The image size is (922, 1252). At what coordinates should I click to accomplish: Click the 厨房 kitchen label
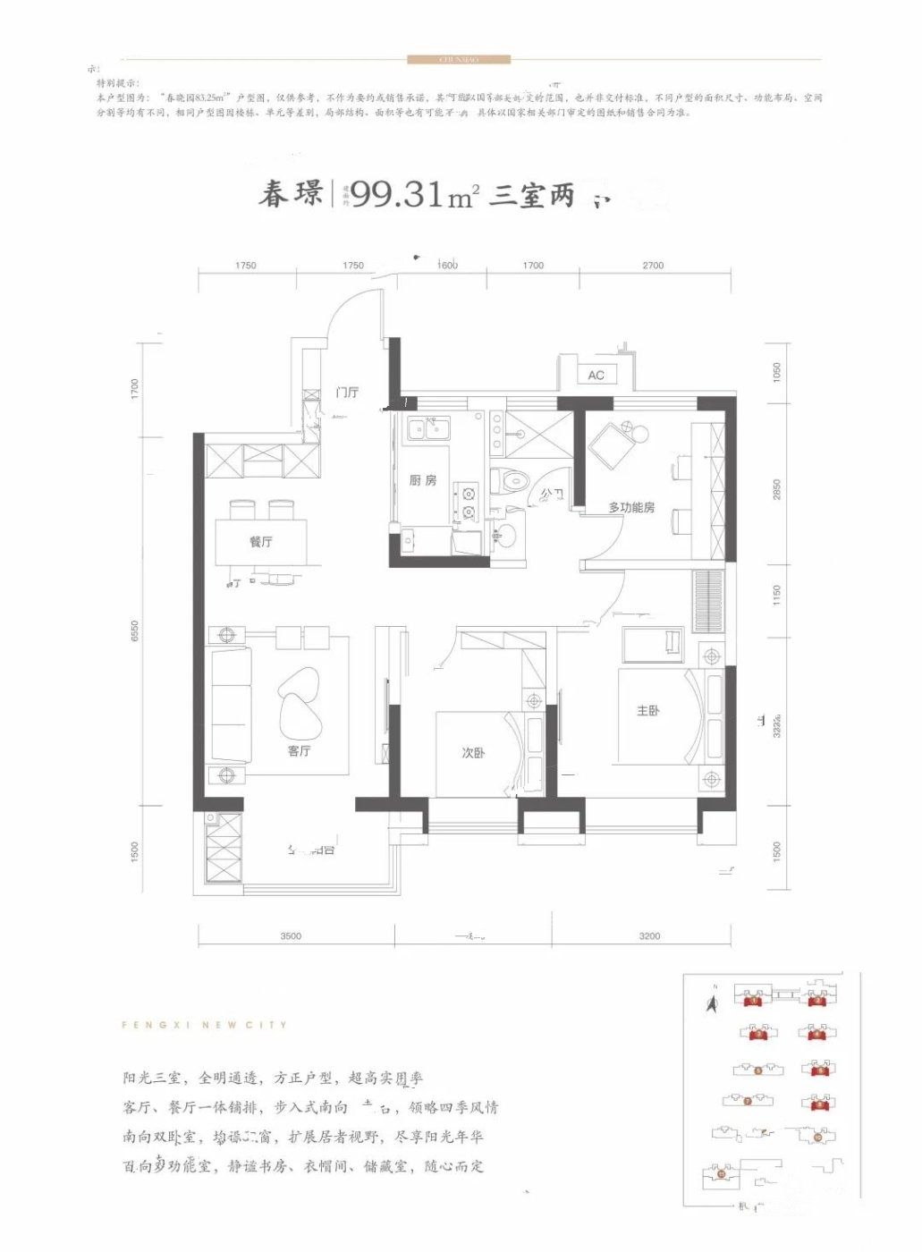(x=423, y=480)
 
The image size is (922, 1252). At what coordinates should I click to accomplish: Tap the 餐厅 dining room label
(x=261, y=542)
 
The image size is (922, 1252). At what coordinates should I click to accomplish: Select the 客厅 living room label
(x=299, y=750)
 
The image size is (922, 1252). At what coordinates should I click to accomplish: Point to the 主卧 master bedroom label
(x=648, y=711)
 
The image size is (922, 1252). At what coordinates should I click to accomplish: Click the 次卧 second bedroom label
(x=473, y=753)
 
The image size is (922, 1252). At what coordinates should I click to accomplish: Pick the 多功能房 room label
(x=631, y=507)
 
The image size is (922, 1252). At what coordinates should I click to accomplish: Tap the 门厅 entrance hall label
(x=347, y=393)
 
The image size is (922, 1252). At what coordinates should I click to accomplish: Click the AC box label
(x=596, y=376)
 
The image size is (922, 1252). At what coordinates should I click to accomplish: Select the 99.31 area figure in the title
(x=398, y=194)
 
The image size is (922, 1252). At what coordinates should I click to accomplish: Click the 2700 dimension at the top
(x=653, y=266)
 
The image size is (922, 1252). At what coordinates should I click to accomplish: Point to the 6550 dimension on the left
(x=135, y=630)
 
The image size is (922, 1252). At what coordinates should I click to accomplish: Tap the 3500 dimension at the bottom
(x=291, y=936)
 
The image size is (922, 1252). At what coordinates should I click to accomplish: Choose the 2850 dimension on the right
(x=777, y=489)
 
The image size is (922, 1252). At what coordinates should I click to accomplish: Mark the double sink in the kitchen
(x=428, y=430)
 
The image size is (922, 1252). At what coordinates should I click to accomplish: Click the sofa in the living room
(x=231, y=706)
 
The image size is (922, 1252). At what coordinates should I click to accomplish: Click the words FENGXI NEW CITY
(x=204, y=1025)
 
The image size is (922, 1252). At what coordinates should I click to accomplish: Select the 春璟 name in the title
(x=290, y=194)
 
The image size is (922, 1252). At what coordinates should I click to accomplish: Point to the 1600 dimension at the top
(x=447, y=266)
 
